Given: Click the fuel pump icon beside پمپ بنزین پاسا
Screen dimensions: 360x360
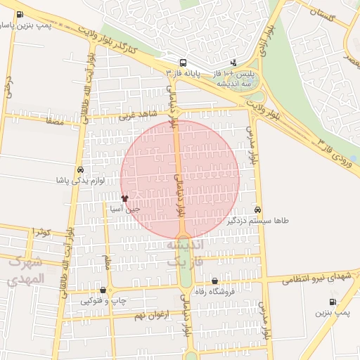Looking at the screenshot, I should pos(18,13).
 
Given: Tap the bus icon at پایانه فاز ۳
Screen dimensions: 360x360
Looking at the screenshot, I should pos(183,62).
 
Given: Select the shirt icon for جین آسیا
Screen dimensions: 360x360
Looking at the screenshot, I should pos(125,199).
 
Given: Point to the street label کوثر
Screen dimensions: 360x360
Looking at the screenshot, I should pos(42,231).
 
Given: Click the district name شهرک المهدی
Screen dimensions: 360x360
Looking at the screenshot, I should pos(27,271).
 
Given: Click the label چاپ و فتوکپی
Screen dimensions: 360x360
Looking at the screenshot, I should pos(103,300).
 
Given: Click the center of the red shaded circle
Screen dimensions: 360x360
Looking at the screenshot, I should pos(180,179).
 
